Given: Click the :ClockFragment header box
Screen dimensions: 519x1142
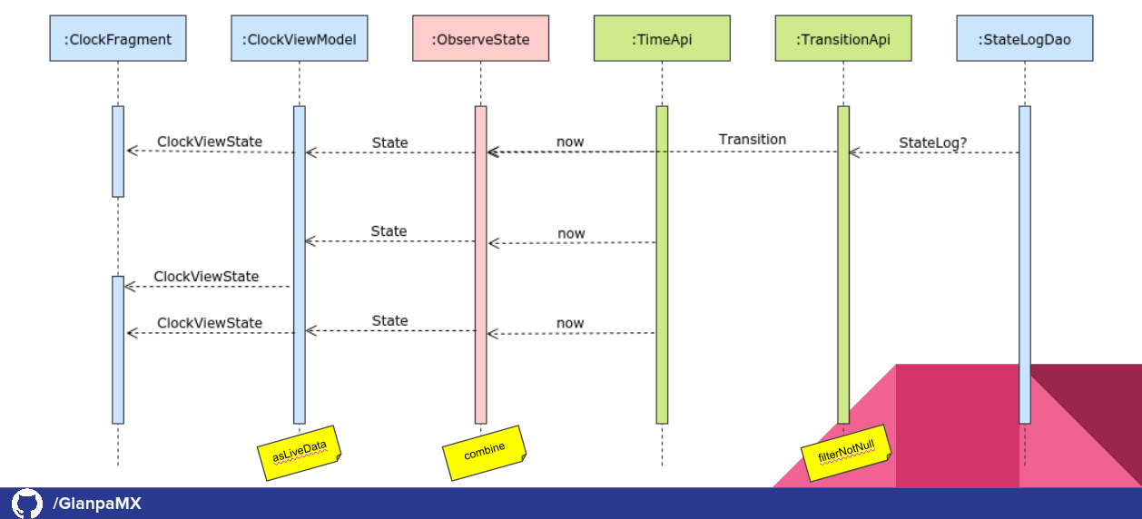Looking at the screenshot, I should tap(118, 39).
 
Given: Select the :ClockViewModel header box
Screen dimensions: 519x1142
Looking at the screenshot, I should tap(299, 39).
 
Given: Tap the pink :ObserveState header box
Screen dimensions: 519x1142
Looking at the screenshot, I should tap(480, 39).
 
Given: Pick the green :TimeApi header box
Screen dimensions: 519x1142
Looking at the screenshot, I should tap(662, 39).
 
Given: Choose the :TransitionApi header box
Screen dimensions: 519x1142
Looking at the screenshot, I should tap(842, 39).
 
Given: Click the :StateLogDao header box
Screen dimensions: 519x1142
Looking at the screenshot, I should tap(1024, 39).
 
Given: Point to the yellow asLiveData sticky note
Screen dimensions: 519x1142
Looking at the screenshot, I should tap(299, 451).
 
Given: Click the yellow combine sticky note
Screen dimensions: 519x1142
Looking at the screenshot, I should tap(485, 452).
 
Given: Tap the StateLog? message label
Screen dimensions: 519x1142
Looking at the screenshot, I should tap(932, 142).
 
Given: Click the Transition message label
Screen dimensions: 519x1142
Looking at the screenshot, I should tap(752, 139).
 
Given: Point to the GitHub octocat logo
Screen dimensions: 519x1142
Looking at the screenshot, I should tap(26, 504).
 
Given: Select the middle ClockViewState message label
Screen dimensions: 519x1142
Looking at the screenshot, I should tap(206, 277).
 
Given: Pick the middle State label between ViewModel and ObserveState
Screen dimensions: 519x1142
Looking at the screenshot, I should tap(389, 231).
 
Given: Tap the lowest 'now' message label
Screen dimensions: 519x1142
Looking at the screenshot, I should tap(570, 323).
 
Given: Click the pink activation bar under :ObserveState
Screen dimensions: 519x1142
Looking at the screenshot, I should tap(480, 263).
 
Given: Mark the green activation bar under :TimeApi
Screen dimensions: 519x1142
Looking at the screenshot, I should tap(662, 263).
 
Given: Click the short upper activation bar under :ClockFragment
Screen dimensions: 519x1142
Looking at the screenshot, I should tap(118, 151).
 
